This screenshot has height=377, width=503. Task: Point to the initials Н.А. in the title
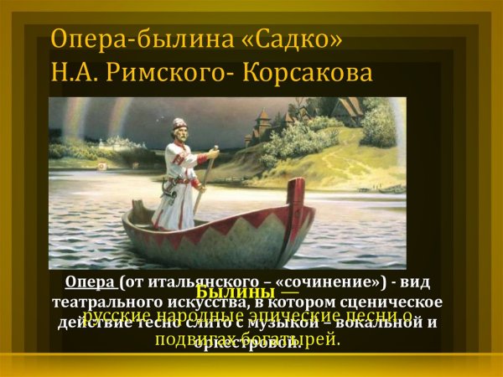[76, 74]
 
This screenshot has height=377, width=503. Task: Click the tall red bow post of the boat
[295, 201]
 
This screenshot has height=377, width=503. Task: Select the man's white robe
[177, 188]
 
